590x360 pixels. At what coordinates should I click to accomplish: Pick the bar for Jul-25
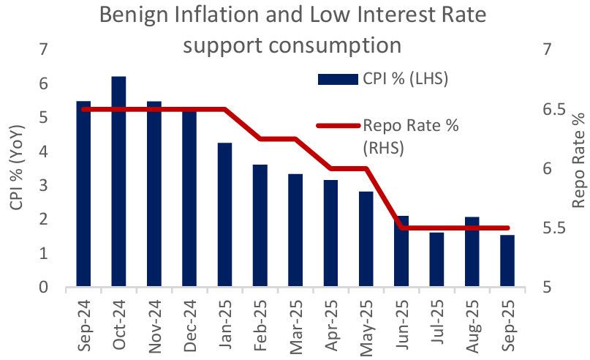[436, 260]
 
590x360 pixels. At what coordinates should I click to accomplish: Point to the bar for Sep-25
[507, 261]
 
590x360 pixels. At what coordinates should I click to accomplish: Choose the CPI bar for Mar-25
[295, 230]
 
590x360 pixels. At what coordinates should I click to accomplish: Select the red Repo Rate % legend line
[336, 126]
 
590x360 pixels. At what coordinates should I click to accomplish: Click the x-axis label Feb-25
[261, 320]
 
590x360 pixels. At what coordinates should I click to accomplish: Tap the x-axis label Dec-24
[190, 320]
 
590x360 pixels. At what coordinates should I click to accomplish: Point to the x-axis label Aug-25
[473, 320]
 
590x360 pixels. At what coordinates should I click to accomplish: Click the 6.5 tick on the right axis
[553, 110]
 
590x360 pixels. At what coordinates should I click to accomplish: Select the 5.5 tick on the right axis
[553, 228]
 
